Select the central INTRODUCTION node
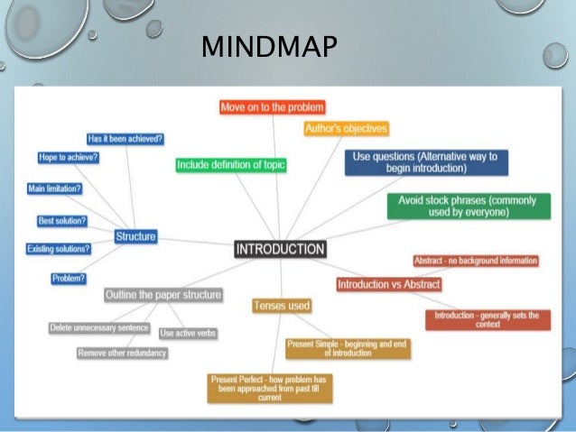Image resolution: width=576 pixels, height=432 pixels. [280, 249]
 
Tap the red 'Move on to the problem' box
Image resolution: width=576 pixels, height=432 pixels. [272, 107]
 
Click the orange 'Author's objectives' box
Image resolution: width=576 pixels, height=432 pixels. [346, 128]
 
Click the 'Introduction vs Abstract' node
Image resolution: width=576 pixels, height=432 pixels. [389, 284]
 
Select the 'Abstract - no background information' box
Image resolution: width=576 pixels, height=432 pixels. [476, 261]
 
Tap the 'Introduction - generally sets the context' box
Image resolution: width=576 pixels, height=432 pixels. [487, 320]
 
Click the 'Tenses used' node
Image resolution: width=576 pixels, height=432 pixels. [282, 306]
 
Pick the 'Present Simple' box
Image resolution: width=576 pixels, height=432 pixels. [336, 347]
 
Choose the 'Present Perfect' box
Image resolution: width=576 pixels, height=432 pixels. [257, 386]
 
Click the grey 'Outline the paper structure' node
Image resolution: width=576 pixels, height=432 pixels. [163, 295]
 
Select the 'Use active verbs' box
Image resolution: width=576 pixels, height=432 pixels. [188, 333]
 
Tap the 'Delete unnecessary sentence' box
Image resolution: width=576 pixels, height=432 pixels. [99, 327]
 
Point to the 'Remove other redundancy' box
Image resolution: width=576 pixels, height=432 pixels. [123, 353]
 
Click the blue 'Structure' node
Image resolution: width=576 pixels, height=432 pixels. [135, 236]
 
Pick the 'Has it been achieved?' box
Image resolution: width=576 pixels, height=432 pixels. [125, 139]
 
